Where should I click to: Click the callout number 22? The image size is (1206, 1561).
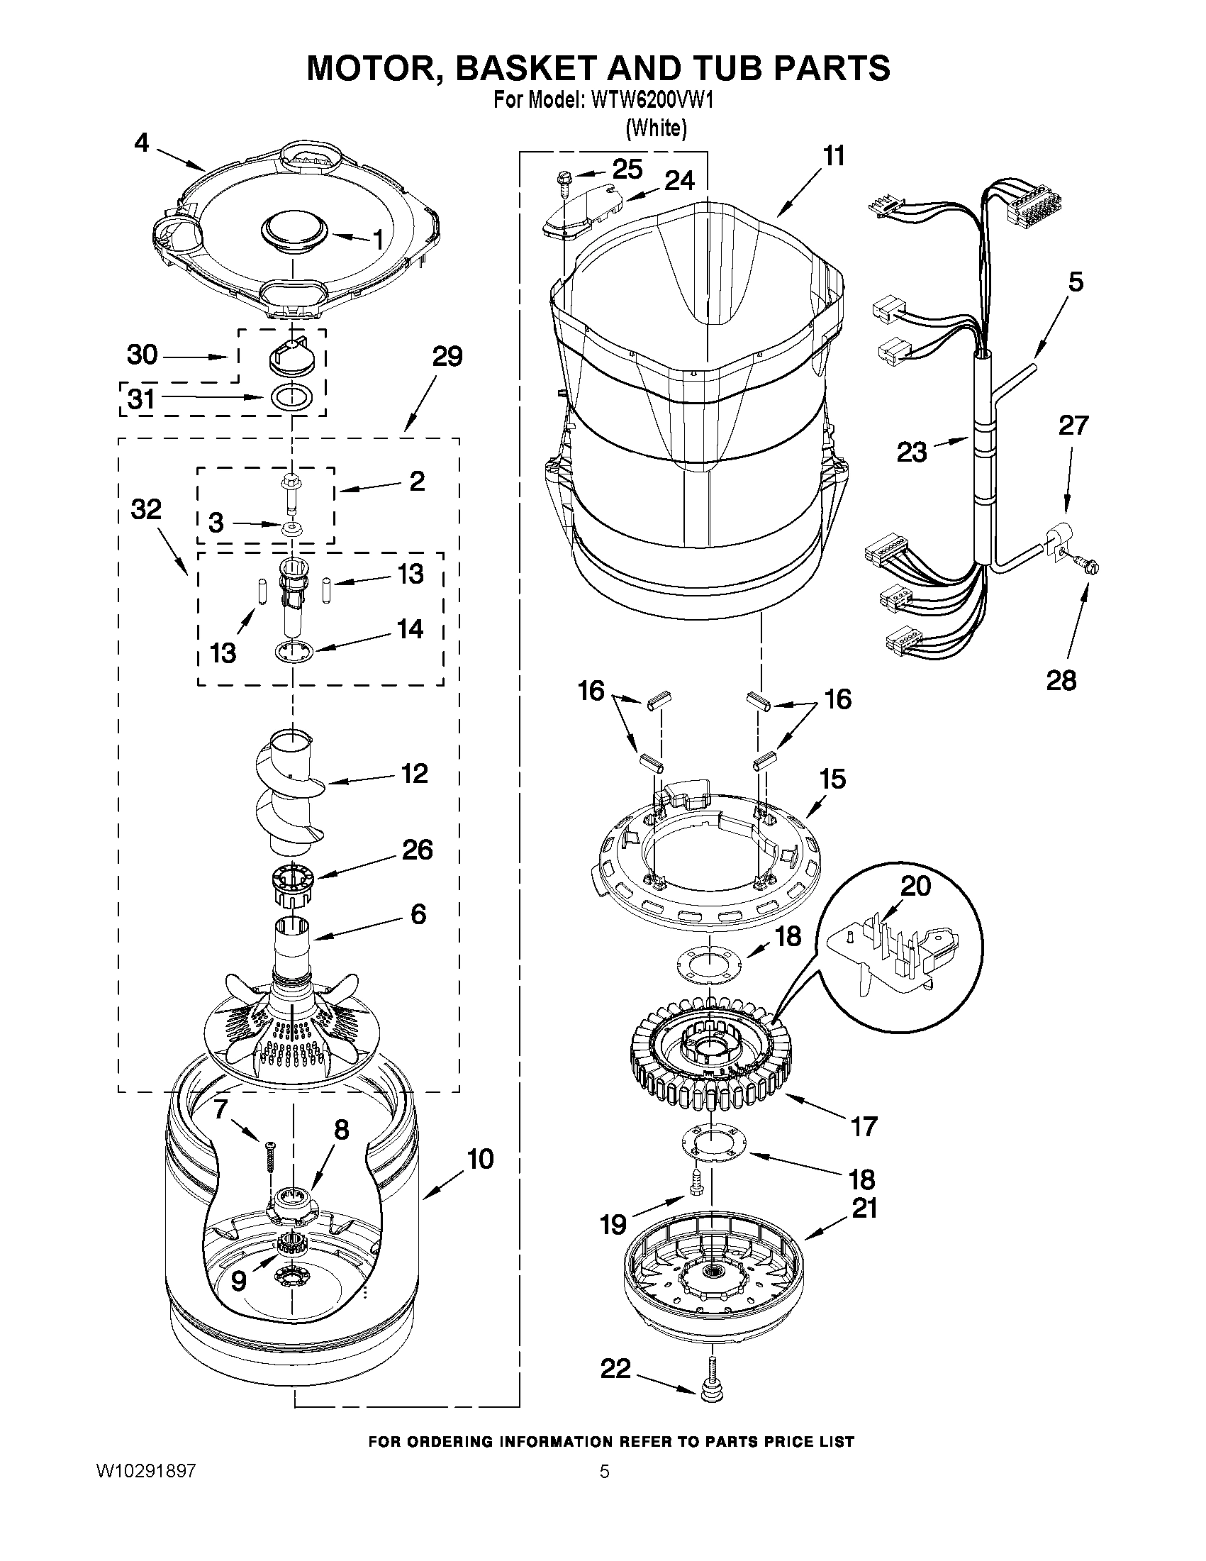(615, 1368)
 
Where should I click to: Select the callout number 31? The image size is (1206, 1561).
(141, 399)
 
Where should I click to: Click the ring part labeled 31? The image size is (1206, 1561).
(293, 396)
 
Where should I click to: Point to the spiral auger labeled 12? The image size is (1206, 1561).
(292, 794)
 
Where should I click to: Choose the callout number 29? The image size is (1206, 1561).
(447, 356)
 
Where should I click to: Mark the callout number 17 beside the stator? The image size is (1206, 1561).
(863, 1126)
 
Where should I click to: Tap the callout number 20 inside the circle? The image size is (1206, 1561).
(915, 886)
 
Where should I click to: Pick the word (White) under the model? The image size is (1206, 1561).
(656, 128)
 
